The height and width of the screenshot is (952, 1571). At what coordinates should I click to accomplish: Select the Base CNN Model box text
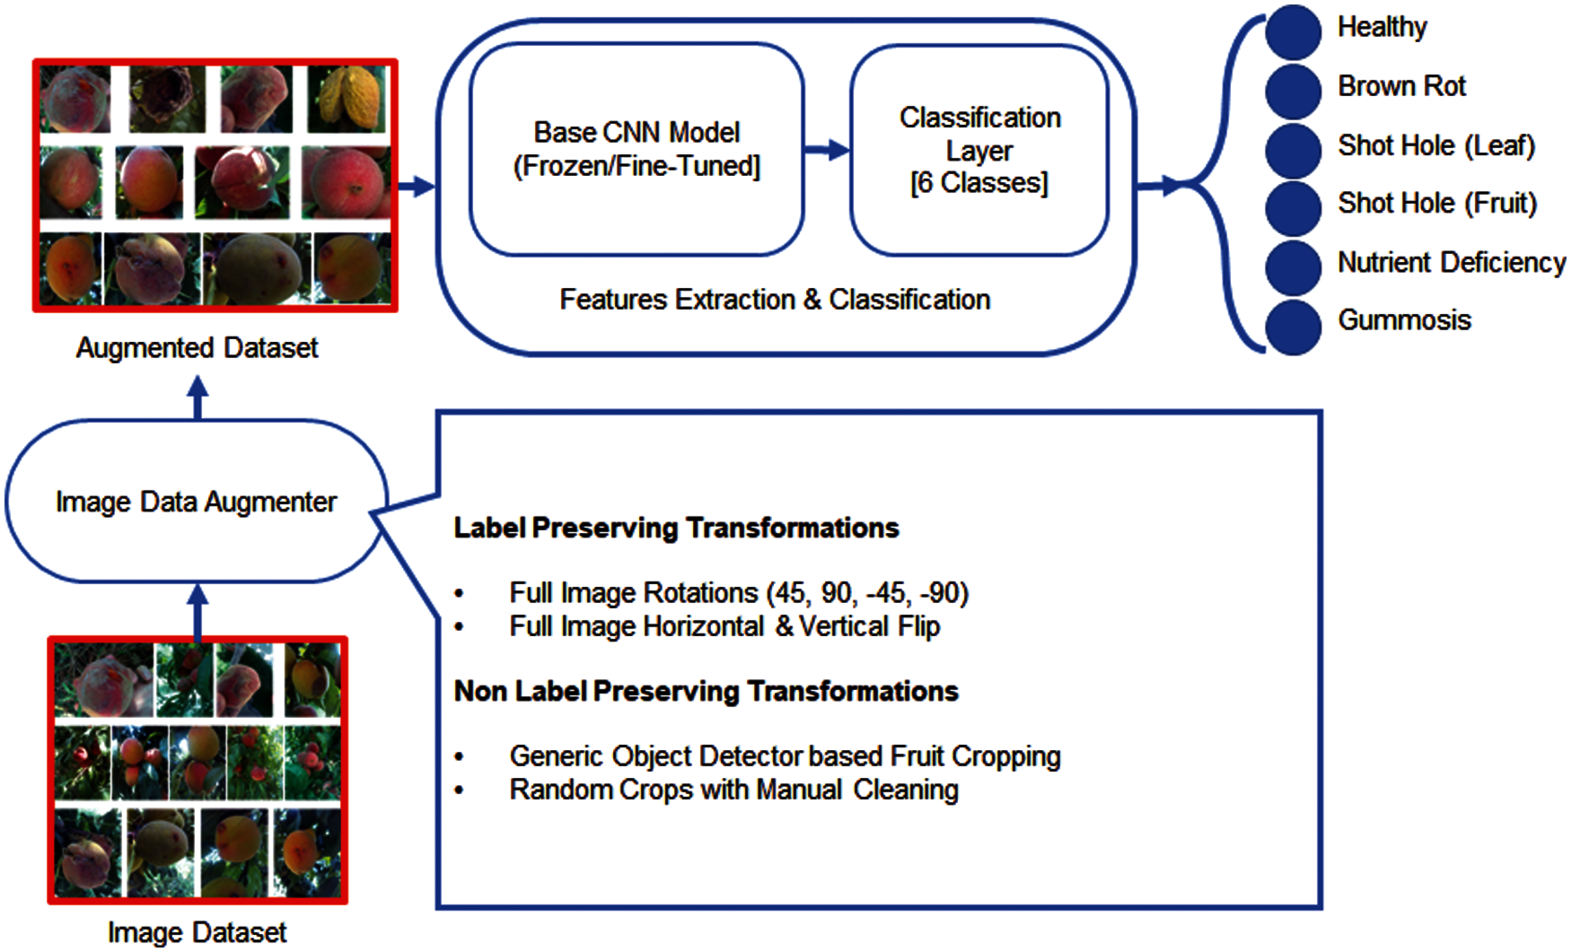636,149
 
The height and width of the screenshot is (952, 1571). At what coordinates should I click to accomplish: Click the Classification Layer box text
979,150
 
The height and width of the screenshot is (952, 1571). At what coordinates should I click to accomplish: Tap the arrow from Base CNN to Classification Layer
827,150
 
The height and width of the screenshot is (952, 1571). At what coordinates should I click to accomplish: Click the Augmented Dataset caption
197,348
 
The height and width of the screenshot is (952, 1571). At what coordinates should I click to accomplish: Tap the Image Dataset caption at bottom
197,932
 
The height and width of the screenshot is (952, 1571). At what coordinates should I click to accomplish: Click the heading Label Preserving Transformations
676,528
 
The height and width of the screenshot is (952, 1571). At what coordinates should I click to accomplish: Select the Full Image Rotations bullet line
738,593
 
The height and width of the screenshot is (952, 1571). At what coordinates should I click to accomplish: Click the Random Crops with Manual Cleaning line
733,790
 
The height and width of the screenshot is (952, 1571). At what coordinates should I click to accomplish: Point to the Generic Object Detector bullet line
784,756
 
